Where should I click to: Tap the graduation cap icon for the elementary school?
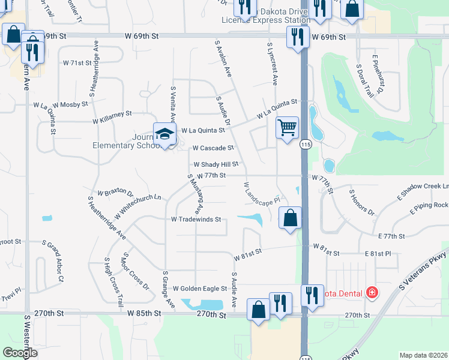(x=164, y=134)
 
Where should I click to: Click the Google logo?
(x=20, y=353)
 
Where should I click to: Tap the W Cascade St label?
(x=212, y=148)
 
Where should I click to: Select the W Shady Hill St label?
(x=216, y=164)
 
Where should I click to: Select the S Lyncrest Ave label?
(x=272, y=63)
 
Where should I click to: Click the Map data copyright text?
(x=424, y=355)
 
